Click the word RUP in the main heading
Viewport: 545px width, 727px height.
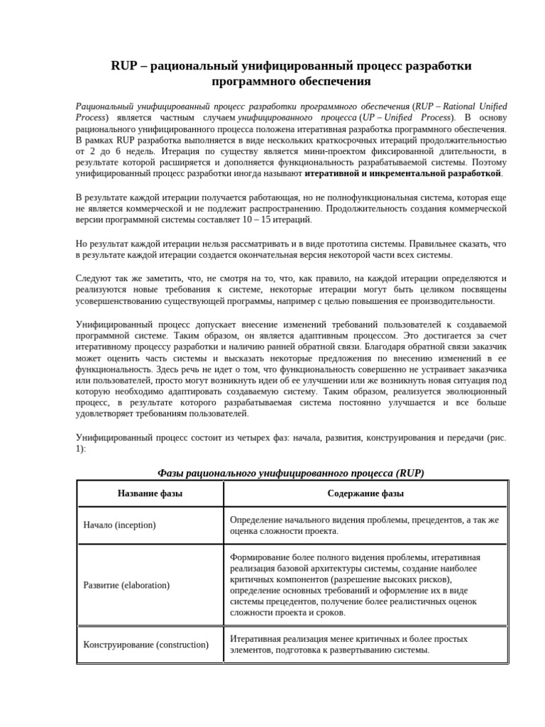pos(126,66)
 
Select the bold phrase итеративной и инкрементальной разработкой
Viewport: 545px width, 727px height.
pos(403,173)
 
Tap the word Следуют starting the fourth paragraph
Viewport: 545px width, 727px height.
pos(95,278)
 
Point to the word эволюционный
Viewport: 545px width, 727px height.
pos(477,391)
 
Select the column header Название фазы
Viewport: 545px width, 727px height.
pos(150,493)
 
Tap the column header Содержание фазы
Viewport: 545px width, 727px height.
pos(365,493)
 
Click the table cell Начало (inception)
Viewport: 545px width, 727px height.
pos(119,525)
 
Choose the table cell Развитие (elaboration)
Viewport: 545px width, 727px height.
pos(126,585)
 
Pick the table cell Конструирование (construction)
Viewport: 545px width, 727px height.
pos(145,645)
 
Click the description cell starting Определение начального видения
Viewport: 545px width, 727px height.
pos(364,525)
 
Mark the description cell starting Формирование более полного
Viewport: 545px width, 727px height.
pos(355,585)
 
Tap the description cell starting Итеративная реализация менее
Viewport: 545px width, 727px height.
pos(348,645)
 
